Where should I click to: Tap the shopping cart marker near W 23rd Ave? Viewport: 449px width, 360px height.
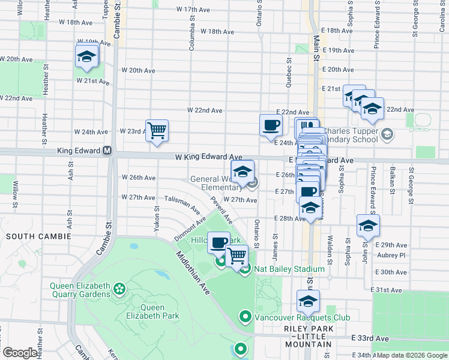157,130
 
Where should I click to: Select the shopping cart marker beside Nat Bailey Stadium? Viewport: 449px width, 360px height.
237,256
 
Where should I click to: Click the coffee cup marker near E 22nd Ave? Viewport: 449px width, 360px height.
271,125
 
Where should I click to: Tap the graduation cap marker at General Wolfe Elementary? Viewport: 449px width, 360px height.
243,171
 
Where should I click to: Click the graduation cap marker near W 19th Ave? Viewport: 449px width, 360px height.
86,57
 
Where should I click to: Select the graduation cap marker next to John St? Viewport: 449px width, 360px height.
368,225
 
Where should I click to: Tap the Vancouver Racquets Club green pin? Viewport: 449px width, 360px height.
245,316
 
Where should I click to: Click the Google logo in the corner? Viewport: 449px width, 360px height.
20,353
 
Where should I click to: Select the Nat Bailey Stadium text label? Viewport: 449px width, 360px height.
289,269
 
